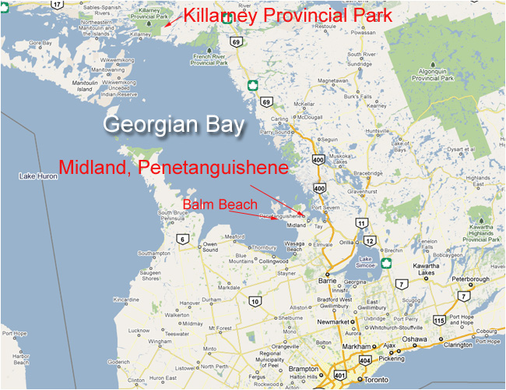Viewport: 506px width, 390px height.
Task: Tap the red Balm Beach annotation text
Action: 220,204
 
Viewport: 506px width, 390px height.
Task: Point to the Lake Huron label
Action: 39,176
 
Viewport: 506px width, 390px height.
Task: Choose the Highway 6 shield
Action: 181,239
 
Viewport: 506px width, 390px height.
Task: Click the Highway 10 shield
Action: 254,302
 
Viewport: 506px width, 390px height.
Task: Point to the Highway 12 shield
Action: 369,240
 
